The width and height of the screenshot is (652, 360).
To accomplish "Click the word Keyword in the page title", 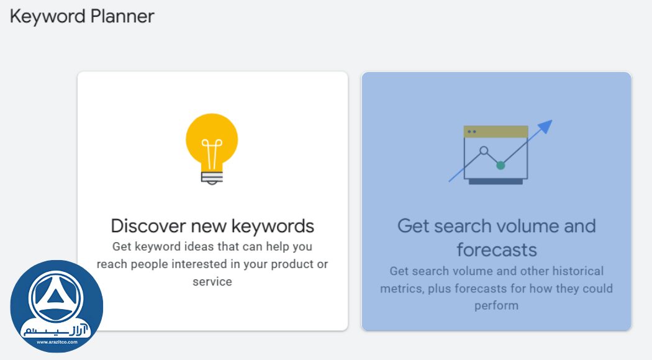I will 47,16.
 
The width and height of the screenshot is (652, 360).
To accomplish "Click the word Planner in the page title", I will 122,16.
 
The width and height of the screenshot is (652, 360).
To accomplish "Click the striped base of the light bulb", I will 212,177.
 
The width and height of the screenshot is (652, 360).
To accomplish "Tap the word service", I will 212,281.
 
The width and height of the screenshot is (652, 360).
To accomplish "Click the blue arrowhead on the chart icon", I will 545,127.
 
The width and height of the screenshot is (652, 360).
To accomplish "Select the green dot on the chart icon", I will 500,165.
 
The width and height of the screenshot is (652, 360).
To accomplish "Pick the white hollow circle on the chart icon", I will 483,151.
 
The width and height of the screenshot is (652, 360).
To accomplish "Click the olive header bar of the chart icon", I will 496,132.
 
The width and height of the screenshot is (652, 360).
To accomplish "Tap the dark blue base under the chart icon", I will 496,181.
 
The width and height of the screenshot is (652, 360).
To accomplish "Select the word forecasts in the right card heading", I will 496,250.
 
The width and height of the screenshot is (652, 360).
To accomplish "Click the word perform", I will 496,305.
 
